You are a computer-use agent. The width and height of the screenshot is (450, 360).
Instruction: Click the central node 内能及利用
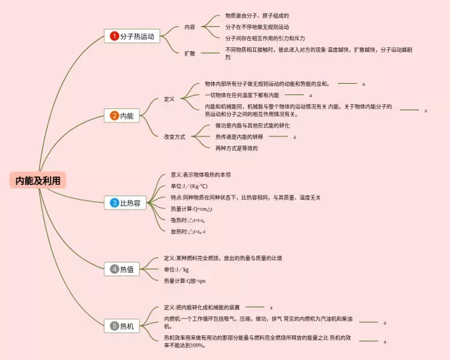pyautogui.click(x=39, y=181)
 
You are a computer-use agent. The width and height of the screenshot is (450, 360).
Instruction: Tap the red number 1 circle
pyautogui.click(x=115, y=36)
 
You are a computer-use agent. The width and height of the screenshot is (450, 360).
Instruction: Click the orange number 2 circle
pyautogui.click(x=115, y=115)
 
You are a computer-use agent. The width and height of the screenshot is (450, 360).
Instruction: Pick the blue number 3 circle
pyautogui.click(x=115, y=203)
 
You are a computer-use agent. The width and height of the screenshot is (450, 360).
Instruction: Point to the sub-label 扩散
pyautogui.click(x=190, y=53)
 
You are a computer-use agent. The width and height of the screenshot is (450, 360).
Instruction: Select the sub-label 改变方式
pyautogui.click(x=175, y=136)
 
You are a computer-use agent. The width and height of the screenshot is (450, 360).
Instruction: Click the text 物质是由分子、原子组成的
pyautogui.click(x=257, y=15)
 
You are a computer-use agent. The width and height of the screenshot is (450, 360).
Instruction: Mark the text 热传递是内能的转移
pyautogui.click(x=239, y=136)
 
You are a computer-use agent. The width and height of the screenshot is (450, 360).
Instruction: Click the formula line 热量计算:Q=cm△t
pyautogui.click(x=191, y=209)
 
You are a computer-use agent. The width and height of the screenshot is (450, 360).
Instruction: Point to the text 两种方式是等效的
pyautogui.click(x=236, y=148)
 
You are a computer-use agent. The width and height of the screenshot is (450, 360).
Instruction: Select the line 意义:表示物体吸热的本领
pyautogui.click(x=200, y=175)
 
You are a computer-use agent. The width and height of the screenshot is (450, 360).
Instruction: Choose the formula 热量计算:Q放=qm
pyautogui.click(x=184, y=281)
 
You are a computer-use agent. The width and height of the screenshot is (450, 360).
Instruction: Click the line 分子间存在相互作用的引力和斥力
pyautogui.click(x=264, y=38)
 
